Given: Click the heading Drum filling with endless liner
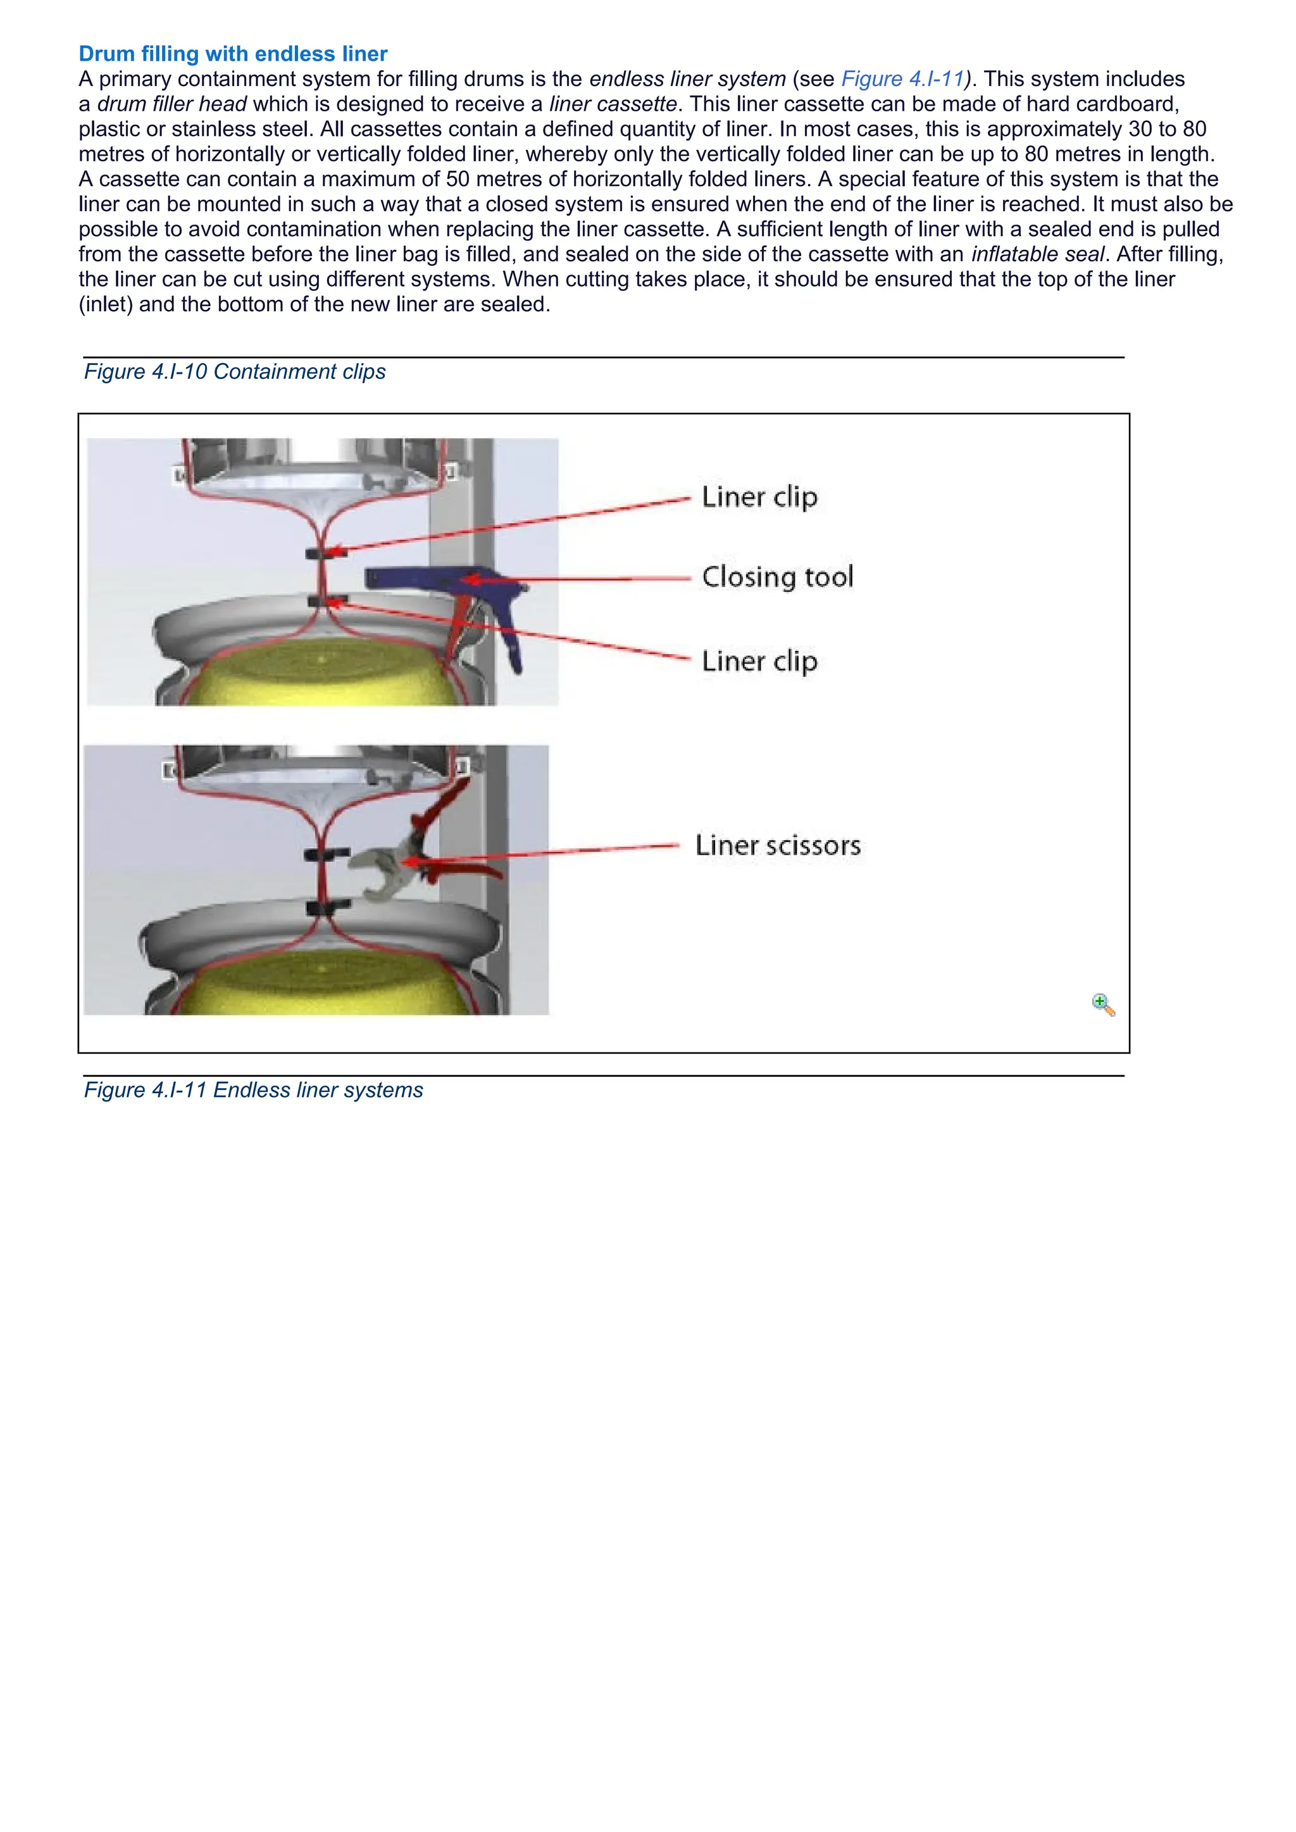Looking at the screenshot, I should coord(232,54).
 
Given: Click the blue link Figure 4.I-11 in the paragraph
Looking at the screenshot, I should coord(902,79).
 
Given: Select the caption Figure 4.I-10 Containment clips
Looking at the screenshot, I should coord(235,372).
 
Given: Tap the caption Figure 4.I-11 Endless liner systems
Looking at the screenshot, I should coord(253,1090).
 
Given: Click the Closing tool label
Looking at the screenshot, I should coord(777,577).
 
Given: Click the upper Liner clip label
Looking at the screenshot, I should coord(759,497).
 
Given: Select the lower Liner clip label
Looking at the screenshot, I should coord(759,662).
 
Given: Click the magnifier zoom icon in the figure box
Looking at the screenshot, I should coord(1102,1004).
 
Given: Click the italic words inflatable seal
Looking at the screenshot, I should coord(1037,254).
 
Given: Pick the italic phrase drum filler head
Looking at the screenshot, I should coord(171,104).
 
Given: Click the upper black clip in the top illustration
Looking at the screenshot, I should coord(318,552).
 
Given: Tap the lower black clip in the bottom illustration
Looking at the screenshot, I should coord(327,907).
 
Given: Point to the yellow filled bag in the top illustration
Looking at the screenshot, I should coord(319,671).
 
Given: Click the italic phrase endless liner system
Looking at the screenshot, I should coord(687,79).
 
